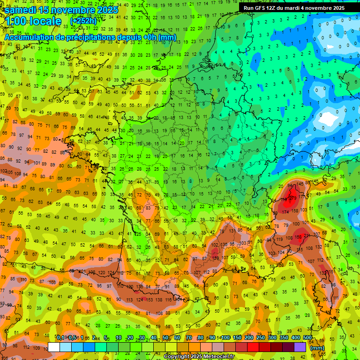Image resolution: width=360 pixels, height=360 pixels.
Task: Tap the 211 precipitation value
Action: point(307,236)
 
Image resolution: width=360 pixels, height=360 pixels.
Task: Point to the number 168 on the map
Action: point(297,237)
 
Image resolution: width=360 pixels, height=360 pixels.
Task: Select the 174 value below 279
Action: point(285,212)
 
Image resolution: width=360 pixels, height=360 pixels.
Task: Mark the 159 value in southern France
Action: point(216,257)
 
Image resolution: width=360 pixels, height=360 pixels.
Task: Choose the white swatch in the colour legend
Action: point(54,347)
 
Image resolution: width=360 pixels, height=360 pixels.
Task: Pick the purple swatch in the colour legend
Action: point(300,347)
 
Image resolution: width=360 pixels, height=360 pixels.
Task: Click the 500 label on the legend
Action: point(307,338)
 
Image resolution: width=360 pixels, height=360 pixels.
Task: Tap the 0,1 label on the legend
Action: point(60,338)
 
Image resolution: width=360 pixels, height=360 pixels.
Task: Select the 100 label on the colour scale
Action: point(225,338)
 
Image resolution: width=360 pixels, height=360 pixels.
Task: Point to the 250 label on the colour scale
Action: point(261,338)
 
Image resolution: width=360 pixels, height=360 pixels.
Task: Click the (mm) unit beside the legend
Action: point(317,348)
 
